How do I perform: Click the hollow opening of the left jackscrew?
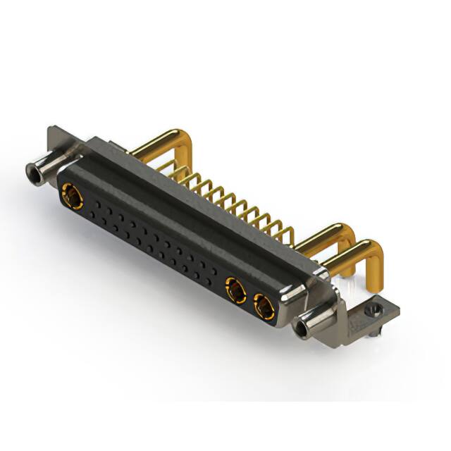coord(31,170)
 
